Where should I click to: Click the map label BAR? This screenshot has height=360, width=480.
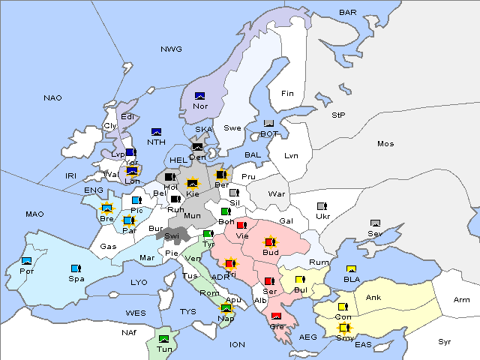(x=347, y=13)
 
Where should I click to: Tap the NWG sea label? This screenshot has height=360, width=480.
(x=171, y=49)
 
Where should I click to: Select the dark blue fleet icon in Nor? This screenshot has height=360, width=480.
(x=199, y=96)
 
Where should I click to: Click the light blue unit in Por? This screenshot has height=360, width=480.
(x=27, y=261)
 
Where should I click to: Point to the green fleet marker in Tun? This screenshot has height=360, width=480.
(x=164, y=339)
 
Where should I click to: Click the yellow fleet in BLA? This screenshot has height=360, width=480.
(x=350, y=269)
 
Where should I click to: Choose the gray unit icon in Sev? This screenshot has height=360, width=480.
(x=375, y=223)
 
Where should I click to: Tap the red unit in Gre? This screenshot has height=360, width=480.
(x=276, y=316)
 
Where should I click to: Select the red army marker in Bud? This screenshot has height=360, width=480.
(x=270, y=241)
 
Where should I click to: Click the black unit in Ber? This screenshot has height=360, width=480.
(x=221, y=175)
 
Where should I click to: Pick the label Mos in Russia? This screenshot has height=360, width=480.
(x=385, y=143)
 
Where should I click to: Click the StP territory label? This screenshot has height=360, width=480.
(x=338, y=115)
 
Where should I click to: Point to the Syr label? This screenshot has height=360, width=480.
(x=445, y=341)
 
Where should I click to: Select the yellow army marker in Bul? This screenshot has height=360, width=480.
(x=300, y=280)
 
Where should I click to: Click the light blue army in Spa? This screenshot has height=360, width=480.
(x=75, y=268)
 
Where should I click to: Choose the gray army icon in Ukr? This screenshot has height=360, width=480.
(x=322, y=206)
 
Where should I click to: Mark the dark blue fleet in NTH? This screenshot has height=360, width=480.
(x=156, y=132)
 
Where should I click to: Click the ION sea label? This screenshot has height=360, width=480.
(x=237, y=344)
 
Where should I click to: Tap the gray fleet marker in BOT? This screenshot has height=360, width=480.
(x=268, y=124)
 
